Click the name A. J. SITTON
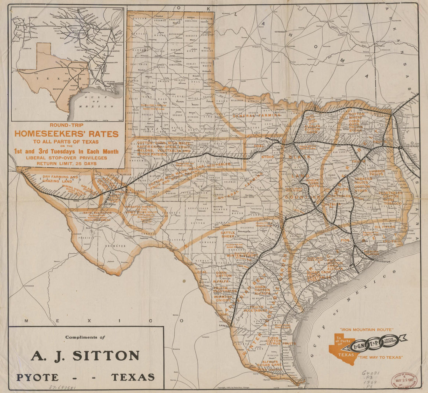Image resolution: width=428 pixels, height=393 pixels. click(x=85, y=356)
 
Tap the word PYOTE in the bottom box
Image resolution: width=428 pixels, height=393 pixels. click(x=37, y=377)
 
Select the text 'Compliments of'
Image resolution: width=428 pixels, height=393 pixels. click(x=85, y=337)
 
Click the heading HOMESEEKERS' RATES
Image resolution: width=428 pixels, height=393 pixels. click(x=67, y=134)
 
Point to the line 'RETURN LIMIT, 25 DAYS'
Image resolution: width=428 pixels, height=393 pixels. click(x=67, y=163)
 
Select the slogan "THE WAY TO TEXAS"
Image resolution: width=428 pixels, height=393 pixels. click(x=382, y=357)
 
